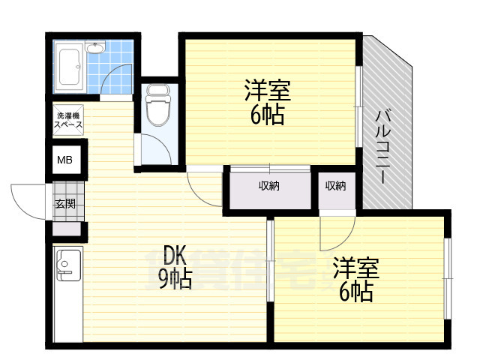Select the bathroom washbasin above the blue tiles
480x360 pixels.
(95, 49)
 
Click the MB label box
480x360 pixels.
(66, 159)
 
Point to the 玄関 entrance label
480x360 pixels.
(64, 202)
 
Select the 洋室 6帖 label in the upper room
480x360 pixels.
(267, 103)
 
